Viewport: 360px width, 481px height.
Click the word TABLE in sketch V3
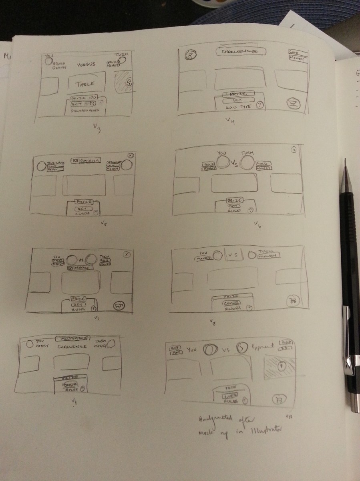pyautogui.click(x=86, y=84)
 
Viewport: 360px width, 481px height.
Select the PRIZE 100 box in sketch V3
pyautogui.click(x=84, y=98)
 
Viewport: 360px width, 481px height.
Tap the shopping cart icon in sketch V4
pyautogui.click(x=294, y=104)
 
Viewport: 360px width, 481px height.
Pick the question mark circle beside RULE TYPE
pyautogui.click(x=260, y=105)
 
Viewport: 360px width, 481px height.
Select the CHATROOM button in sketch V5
pyautogui.click(x=86, y=160)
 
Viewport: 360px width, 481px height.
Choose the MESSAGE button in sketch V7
pyautogui.click(x=80, y=267)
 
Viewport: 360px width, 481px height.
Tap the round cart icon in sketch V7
pyautogui.click(x=119, y=306)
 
